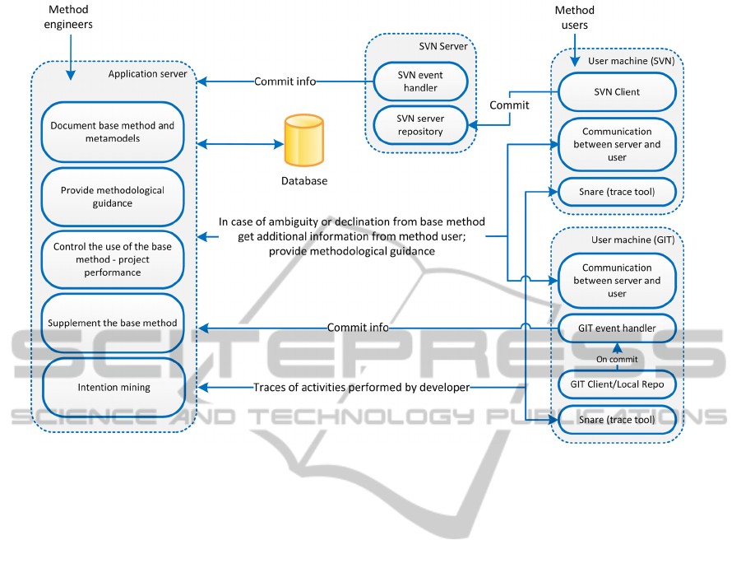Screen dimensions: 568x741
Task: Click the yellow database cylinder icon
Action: tap(303, 142)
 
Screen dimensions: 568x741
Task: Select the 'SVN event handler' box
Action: tap(420, 81)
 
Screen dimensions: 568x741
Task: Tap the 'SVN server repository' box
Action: tap(420, 125)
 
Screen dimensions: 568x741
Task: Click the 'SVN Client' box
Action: tap(617, 92)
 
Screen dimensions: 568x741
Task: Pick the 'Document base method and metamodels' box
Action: tap(113, 132)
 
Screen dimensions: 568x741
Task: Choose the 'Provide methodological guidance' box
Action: tap(113, 197)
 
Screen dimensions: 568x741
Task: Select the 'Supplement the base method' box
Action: tap(113, 323)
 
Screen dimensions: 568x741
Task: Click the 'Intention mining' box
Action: tap(113, 387)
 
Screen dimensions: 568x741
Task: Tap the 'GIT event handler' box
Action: tap(617, 328)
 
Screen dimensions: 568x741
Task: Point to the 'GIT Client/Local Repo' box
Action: tap(617, 384)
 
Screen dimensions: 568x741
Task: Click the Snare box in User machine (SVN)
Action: tap(617, 192)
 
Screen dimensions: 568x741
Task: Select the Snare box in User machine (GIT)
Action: tap(617, 421)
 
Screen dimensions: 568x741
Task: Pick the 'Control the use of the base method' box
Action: tap(113, 259)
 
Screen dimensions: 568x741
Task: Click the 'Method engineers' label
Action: tap(69, 18)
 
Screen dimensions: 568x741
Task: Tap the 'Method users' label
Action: tap(574, 18)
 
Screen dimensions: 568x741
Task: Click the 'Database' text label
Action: tap(303, 181)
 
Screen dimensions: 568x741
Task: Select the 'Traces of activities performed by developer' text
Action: tap(361, 387)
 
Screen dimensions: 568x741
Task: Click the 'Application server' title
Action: tap(147, 74)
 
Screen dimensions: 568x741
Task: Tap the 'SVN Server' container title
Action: tap(442, 46)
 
